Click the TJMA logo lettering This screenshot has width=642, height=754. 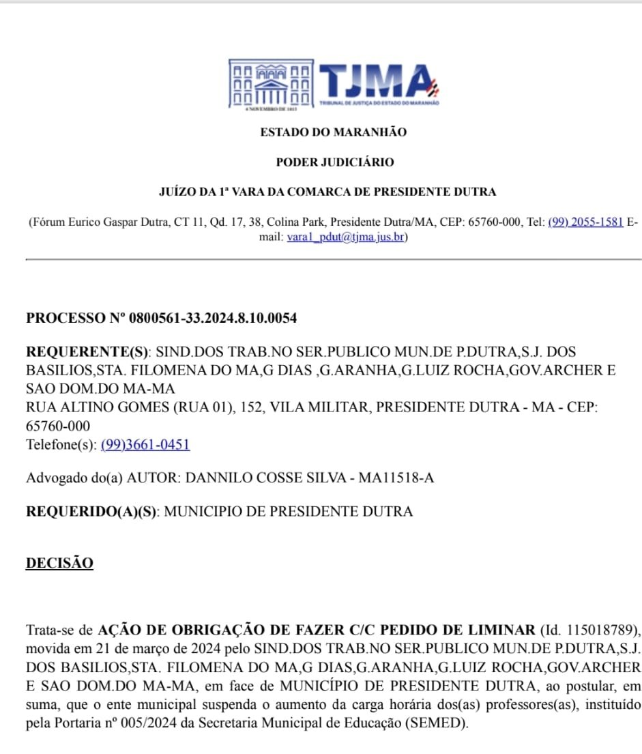tap(376, 82)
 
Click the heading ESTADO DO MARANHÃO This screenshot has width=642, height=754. tap(333, 132)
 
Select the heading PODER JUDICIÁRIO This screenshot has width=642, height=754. tap(334, 162)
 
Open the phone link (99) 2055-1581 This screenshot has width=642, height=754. tap(585, 222)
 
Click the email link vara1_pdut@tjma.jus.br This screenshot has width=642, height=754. tap(346, 237)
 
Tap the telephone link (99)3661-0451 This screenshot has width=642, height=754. tap(145, 445)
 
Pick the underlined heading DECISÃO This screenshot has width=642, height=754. tap(59, 564)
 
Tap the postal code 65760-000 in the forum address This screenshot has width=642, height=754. tap(493, 222)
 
